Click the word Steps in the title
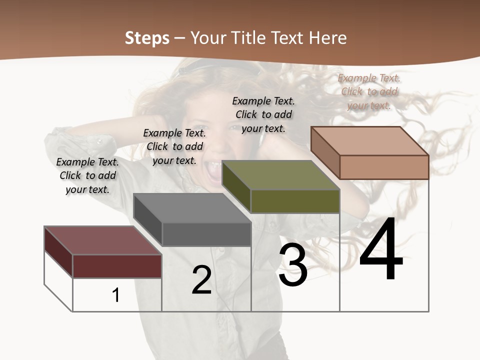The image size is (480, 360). click(x=147, y=38)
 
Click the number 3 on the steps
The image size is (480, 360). click(x=293, y=265)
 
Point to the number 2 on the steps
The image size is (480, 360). click(x=201, y=280)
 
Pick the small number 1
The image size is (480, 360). click(x=116, y=295)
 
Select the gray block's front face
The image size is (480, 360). click(x=206, y=234)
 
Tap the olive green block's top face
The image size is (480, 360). click(x=280, y=175)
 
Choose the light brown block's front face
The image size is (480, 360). click(x=384, y=167)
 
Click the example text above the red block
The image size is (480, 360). click(x=87, y=175)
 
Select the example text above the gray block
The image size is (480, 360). click(x=174, y=146)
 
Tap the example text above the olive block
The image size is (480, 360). click(x=263, y=114)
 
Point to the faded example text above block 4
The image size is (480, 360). click(x=369, y=91)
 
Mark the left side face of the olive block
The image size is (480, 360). click(x=236, y=186)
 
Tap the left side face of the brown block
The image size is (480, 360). click(x=325, y=152)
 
